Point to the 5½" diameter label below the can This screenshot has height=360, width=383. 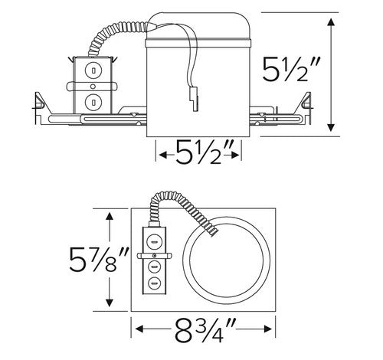(x=200, y=155)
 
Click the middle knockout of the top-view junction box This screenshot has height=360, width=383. (x=153, y=268)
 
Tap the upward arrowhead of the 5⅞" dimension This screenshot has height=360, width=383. (x=113, y=217)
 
